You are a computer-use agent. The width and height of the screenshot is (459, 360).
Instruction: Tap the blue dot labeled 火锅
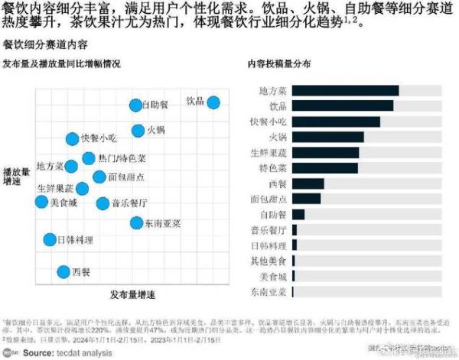[138, 130]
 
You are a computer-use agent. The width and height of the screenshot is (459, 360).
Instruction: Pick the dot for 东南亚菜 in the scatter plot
[136, 223]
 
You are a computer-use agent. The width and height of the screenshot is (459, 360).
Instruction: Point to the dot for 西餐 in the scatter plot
[64, 271]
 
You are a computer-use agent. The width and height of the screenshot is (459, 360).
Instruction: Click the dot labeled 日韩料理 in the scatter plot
[50, 240]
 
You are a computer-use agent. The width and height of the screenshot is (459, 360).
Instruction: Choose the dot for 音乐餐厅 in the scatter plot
[103, 203]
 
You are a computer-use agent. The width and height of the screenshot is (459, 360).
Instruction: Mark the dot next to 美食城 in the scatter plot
[42, 202]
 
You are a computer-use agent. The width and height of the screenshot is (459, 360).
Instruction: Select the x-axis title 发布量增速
[132, 295]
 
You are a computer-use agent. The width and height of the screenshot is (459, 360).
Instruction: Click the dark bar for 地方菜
[345, 91]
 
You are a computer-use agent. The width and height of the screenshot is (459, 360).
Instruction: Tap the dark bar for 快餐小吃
[336, 122]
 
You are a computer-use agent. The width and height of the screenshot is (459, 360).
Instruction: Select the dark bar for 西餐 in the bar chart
[308, 183]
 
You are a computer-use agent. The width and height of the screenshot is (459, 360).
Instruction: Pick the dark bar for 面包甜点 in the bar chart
[306, 199]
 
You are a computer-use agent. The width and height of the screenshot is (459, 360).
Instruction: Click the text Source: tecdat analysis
[61, 353]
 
